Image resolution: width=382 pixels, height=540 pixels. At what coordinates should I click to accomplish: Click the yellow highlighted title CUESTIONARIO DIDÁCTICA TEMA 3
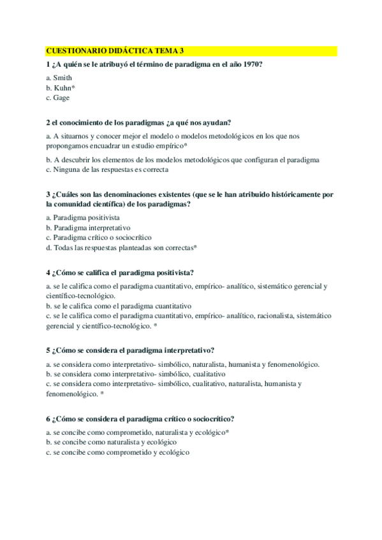(x=115, y=51)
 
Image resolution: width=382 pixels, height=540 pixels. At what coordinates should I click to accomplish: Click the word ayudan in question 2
(x=217, y=122)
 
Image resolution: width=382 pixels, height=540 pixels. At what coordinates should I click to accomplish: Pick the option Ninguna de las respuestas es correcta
(x=110, y=170)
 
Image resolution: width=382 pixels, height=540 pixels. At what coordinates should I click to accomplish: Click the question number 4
(x=48, y=272)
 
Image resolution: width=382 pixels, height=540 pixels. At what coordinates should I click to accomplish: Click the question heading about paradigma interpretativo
(x=130, y=350)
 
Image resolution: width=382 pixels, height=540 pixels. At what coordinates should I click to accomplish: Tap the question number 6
(x=48, y=418)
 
